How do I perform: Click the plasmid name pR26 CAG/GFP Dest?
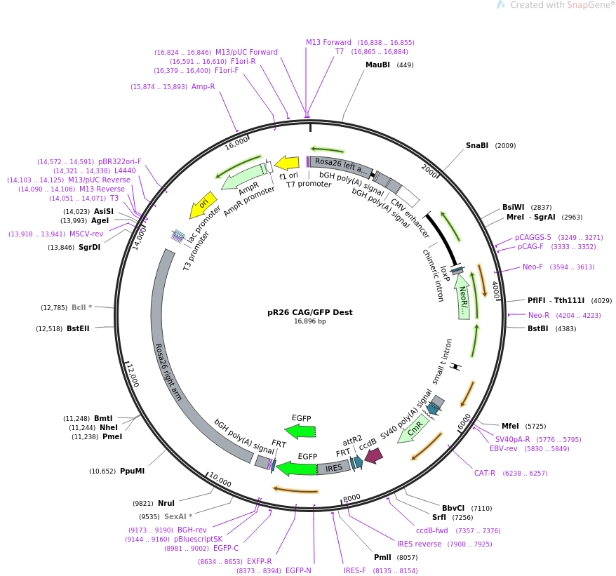point(309,312)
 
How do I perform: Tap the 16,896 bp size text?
point(309,321)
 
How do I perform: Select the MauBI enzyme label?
point(377,65)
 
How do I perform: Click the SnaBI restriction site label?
point(477,146)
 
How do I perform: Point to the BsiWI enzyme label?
point(513,208)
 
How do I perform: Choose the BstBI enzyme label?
point(537,328)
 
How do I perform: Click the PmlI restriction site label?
point(382,558)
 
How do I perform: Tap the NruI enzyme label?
point(166,504)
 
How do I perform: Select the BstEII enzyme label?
point(78,328)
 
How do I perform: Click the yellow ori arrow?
point(202,205)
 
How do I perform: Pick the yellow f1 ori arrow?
point(286,163)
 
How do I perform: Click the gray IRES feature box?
point(334,467)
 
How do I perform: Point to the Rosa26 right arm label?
point(168,373)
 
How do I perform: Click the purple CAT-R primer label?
point(485,474)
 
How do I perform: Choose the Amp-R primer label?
point(203,87)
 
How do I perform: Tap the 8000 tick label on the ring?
point(351,497)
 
